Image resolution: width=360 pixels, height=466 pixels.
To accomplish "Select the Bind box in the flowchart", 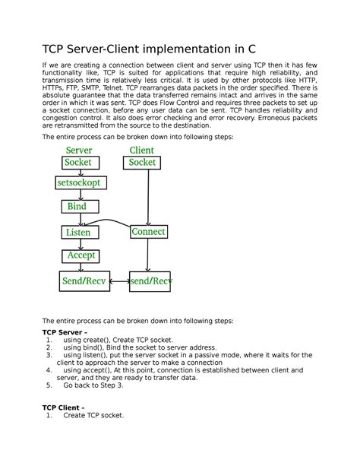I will click(x=77, y=207).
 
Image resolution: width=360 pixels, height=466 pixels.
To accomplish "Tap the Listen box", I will click(x=77, y=232).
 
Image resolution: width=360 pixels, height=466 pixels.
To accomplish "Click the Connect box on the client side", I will click(x=148, y=231).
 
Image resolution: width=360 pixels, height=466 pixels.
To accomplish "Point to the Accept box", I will click(x=81, y=256).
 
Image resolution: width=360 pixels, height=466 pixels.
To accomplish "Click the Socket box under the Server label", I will click(x=77, y=162).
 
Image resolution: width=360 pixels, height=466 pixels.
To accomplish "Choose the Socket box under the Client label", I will click(x=142, y=162).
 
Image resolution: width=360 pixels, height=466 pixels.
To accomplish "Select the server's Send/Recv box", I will click(x=84, y=281).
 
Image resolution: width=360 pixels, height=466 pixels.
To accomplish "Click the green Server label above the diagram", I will click(x=79, y=151).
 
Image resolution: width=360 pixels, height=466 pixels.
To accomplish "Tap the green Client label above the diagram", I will click(x=142, y=151).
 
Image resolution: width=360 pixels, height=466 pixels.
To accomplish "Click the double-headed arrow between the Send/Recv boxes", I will click(x=118, y=281).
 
